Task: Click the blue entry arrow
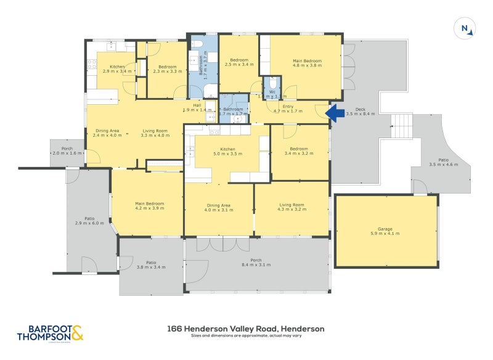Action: [x=335, y=113]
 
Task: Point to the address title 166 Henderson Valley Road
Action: [x=245, y=329]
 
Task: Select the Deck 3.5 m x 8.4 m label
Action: [x=361, y=111]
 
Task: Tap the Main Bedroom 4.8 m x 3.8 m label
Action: [x=306, y=63]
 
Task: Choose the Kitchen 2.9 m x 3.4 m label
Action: [x=118, y=69]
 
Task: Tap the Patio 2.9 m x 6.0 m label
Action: [x=89, y=222]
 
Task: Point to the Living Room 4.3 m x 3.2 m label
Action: [x=292, y=208]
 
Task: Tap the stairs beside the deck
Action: [x=402, y=126]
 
